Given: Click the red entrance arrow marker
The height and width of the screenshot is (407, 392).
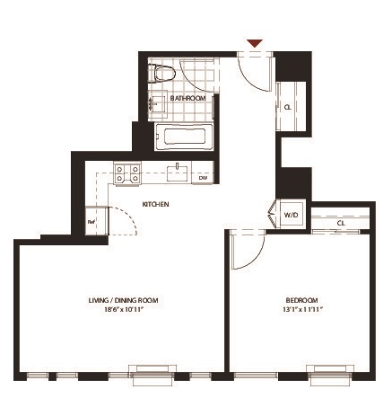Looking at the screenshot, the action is coord(255,43).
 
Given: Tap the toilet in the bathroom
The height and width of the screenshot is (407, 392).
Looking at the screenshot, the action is coord(161,74).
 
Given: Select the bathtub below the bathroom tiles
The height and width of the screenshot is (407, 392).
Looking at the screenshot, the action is coord(184,137).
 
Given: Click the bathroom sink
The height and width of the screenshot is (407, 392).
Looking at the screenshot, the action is coord(158,104).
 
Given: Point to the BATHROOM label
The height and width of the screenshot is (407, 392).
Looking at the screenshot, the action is coord(188,98).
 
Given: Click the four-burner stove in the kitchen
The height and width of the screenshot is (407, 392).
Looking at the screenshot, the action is coord(127,173).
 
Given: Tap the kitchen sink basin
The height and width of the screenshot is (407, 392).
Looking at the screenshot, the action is coord(177,173).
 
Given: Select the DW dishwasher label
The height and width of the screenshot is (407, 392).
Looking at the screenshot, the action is coord(204,178).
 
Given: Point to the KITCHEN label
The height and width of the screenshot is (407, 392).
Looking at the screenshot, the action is coord(155,204).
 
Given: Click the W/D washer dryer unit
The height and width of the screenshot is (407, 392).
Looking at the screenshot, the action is coord(291,215).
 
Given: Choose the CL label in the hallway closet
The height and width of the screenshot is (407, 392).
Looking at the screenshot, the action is coord(288,107).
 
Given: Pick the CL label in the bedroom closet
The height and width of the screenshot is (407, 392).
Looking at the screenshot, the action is coord(341,224).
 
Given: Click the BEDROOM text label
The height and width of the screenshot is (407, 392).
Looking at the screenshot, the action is coord(301,300).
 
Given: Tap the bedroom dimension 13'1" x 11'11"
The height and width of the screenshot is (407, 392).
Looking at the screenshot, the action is coord(302,309).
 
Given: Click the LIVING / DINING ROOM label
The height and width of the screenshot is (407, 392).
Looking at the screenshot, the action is coord(124,300).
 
